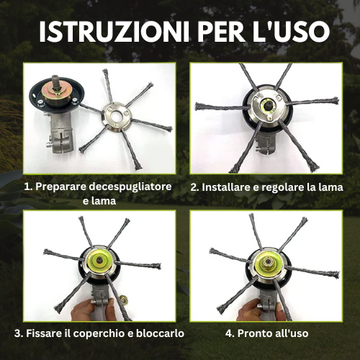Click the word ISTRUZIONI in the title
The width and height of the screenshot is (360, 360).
(114, 32)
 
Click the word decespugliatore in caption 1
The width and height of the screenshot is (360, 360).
(130, 187)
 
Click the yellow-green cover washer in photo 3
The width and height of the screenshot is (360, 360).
(98, 260)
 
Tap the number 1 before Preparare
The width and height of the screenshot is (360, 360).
(27, 187)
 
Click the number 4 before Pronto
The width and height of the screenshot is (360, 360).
(230, 333)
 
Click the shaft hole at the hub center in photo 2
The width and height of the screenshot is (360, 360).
(267, 105)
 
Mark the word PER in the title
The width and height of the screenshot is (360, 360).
(218, 32)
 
